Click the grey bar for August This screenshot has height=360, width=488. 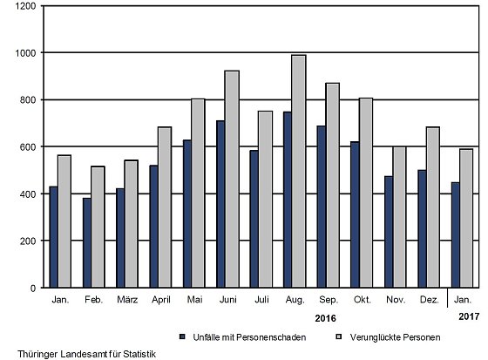tap(298, 171)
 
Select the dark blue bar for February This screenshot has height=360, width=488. tap(87, 242)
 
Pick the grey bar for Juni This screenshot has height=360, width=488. tap(232, 179)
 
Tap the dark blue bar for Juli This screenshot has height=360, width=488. tap(254, 219)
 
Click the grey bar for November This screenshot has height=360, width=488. tap(399, 217)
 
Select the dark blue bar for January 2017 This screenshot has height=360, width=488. tap(455, 234)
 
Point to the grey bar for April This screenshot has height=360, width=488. tap(165, 207)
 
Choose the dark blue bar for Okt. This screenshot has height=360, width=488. tap(355, 214)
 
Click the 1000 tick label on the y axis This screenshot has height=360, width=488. tap(26, 53)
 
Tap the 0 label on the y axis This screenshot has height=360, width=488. tap(33, 289)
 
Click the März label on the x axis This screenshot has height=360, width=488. tap(127, 300)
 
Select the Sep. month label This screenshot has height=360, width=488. tap(329, 300)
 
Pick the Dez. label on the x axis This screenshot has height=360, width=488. tap(430, 300)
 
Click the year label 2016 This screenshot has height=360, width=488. tap(326, 318)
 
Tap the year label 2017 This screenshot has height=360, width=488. tap(469, 316)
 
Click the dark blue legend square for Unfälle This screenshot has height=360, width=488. tap(182, 336)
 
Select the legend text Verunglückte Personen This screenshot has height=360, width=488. tap(395, 337)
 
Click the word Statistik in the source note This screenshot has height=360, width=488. tap(139, 354)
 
